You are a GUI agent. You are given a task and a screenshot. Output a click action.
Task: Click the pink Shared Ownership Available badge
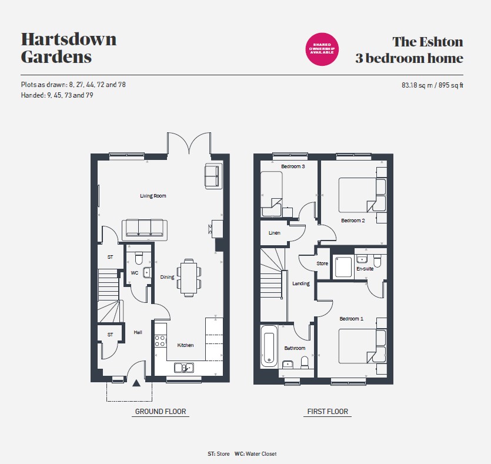[322, 49]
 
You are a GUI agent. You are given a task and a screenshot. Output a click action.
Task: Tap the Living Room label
[153, 196]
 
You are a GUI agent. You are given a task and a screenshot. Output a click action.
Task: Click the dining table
[189, 278]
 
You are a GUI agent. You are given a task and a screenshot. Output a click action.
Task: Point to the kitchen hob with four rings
[160, 341]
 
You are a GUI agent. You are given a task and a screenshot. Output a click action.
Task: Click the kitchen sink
[184, 368]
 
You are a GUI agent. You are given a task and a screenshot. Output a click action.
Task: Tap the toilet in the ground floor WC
[139, 258]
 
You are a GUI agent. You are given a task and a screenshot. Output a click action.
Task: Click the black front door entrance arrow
[136, 383]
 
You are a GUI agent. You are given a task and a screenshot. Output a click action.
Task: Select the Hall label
[138, 332]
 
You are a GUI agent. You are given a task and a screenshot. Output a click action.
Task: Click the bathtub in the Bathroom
[269, 346]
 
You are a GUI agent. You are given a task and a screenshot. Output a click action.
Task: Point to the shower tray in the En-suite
[343, 266]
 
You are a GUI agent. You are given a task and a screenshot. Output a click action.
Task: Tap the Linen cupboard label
[274, 233]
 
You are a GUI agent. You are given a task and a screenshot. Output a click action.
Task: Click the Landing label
[301, 283]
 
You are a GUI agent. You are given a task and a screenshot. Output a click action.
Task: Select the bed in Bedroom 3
[272, 194]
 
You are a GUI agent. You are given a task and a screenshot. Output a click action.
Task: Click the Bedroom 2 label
[353, 221]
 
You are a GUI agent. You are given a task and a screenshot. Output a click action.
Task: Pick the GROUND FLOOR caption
[161, 412]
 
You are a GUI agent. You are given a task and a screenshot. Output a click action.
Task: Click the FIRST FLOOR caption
[328, 412]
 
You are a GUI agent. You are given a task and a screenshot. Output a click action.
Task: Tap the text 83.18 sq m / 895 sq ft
[432, 85]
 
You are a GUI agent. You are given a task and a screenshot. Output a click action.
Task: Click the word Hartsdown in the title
[69, 39]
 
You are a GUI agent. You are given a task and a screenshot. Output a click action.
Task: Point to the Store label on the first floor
[322, 263]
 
